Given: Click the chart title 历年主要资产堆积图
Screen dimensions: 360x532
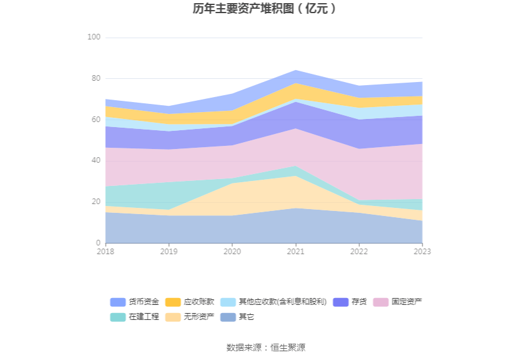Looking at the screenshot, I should [x=265, y=9].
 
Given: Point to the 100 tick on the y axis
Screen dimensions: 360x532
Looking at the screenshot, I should [x=94, y=38].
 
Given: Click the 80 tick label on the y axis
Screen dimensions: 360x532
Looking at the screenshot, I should [x=96, y=79].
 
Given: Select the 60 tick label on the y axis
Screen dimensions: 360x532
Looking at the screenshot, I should [x=96, y=120].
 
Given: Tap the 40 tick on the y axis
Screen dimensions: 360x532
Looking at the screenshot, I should [x=96, y=161].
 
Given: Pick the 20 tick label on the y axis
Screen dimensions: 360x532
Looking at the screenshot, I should [x=96, y=202].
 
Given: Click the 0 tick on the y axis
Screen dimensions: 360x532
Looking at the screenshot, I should [x=98, y=243].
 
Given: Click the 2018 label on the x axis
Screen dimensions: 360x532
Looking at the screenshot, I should [x=105, y=252].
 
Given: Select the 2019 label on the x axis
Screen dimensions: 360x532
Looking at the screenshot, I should [x=168, y=252].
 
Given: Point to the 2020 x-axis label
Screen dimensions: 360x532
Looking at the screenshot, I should [x=232, y=252].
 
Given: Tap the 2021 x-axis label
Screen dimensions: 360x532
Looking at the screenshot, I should [x=295, y=252].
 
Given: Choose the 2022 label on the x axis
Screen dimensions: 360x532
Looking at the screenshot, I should [x=359, y=252].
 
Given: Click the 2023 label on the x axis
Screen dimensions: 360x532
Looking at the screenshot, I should [x=422, y=252].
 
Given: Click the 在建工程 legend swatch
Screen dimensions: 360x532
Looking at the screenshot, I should [x=118, y=317].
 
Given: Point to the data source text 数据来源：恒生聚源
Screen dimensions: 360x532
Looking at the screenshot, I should [x=265, y=347].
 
